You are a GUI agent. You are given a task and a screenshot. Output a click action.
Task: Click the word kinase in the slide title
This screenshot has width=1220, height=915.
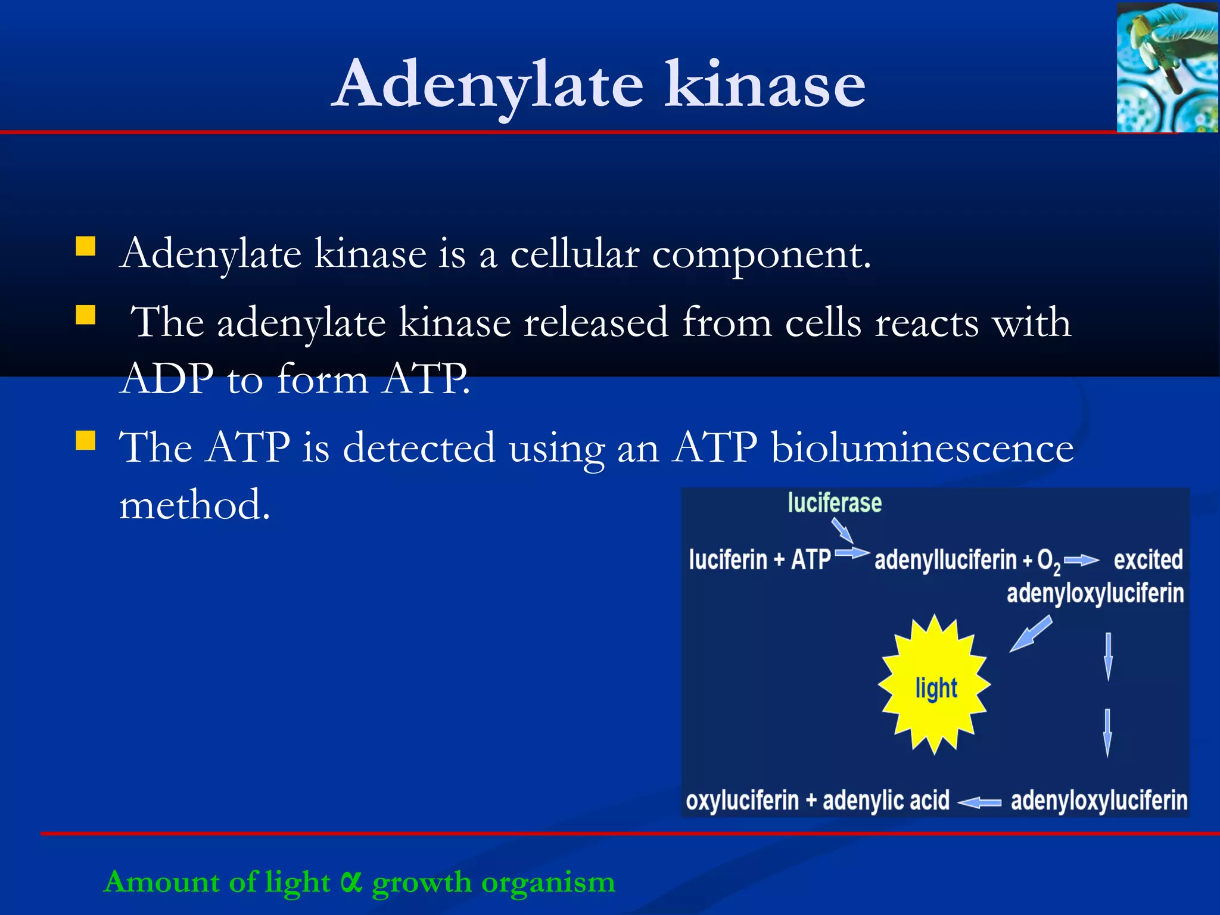765,85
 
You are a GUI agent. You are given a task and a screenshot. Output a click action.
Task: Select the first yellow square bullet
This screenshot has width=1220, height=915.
86,246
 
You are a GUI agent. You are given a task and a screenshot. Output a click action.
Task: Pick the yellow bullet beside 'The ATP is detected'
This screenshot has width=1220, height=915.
86,440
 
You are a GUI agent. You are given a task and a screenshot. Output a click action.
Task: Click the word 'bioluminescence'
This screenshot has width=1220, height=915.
922,447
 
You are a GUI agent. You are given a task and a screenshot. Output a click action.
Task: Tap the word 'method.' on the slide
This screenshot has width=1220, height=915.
195,505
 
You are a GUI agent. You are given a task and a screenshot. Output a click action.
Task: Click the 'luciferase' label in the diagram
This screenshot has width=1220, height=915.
834,503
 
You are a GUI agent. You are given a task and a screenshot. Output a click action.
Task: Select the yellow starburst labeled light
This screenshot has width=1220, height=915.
935,685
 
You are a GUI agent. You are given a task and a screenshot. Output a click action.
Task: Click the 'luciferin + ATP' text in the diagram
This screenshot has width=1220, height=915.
760,560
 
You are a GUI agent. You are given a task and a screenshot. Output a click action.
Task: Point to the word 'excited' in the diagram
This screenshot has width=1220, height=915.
1148,560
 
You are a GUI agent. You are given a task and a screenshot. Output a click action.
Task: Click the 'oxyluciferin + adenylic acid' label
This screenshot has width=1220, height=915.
817,801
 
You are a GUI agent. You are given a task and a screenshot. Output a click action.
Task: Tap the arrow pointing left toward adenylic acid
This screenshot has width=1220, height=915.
979,802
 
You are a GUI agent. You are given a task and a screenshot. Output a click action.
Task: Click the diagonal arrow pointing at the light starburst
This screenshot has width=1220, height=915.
1031,634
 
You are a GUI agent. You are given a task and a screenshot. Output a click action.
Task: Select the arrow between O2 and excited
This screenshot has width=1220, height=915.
1081,560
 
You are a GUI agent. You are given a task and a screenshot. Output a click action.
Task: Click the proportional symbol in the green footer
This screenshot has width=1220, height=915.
351,882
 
